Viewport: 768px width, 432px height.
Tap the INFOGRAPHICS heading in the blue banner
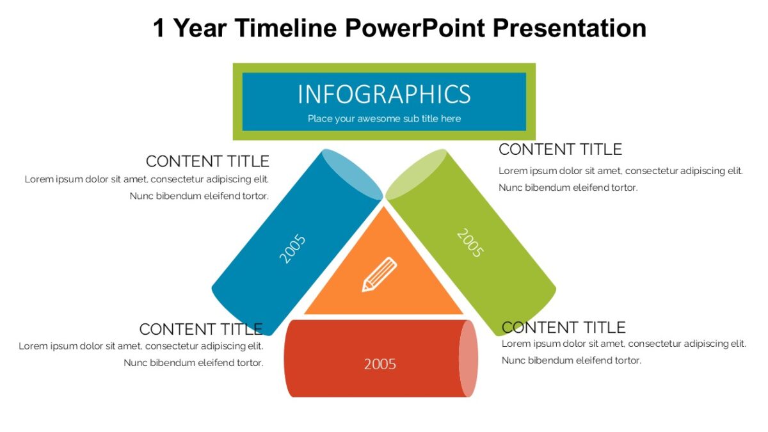pos(384,94)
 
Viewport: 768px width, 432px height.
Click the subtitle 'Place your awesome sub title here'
pos(384,118)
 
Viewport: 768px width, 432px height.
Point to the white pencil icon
pos(380,275)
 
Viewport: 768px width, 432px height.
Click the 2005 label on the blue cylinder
pos(292,249)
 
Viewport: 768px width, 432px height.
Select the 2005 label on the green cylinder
pos(469,243)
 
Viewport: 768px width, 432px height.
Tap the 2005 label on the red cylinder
pos(380,364)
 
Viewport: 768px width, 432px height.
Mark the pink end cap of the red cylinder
pos(468,358)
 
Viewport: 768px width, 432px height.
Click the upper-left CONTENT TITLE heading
pos(207,161)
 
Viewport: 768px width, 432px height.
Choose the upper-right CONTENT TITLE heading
pos(560,150)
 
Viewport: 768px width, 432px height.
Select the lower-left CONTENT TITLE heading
pos(201,330)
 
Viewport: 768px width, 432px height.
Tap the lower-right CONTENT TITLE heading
pos(563,328)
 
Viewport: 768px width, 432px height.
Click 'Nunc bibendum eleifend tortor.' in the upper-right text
pos(568,188)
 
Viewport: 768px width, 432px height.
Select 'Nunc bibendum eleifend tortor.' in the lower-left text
pos(193,363)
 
